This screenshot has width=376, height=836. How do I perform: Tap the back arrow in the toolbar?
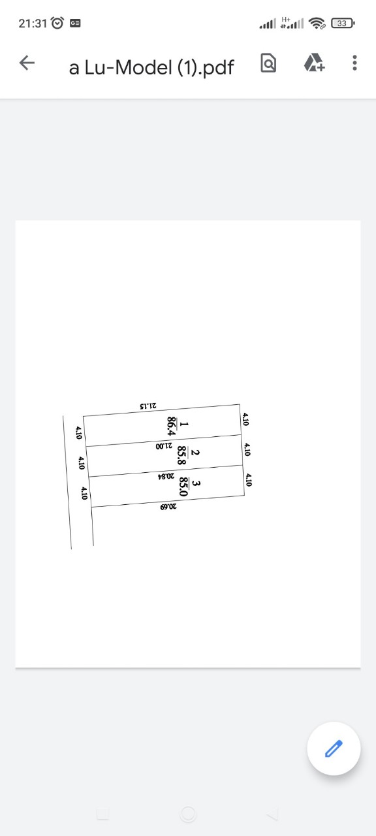point(27,62)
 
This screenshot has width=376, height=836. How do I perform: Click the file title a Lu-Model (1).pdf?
point(151,67)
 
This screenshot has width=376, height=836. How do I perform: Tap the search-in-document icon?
point(268,63)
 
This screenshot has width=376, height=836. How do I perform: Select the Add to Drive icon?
point(314,62)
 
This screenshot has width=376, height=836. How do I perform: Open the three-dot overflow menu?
point(354,63)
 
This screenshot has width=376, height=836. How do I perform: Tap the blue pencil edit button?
point(334,748)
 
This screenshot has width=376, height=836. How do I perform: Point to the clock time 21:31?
point(33,24)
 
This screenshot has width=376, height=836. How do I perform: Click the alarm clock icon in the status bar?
point(57,23)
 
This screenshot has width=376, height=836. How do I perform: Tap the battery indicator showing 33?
point(343,23)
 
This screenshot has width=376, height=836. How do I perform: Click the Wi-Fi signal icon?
point(317,23)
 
